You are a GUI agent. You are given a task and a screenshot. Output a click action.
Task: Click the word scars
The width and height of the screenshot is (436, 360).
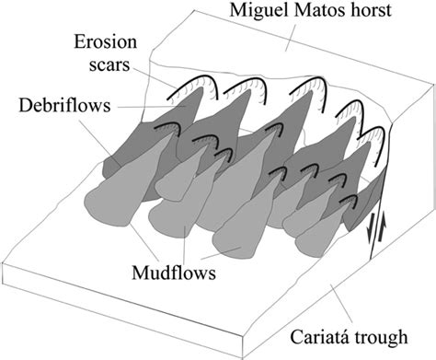point(117,65)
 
